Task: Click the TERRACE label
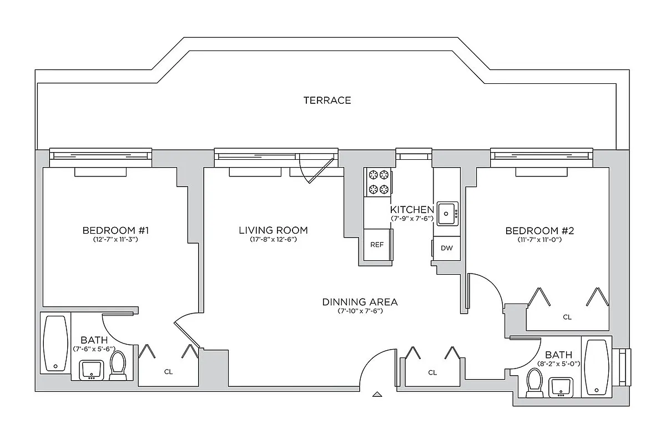click(327, 100)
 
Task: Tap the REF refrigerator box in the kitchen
click(377, 245)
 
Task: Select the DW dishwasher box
click(446, 248)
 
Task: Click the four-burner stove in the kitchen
click(378, 181)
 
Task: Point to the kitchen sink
click(447, 213)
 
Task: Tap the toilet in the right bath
click(534, 383)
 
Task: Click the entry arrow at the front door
click(377, 395)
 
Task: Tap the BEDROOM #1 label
click(116, 230)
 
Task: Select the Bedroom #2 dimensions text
click(539, 240)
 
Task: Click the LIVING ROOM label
click(273, 230)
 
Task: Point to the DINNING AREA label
click(360, 302)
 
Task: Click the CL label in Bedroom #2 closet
click(567, 317)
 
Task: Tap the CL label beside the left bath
click(168, 372)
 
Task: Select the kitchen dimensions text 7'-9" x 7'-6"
click(412, 219)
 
